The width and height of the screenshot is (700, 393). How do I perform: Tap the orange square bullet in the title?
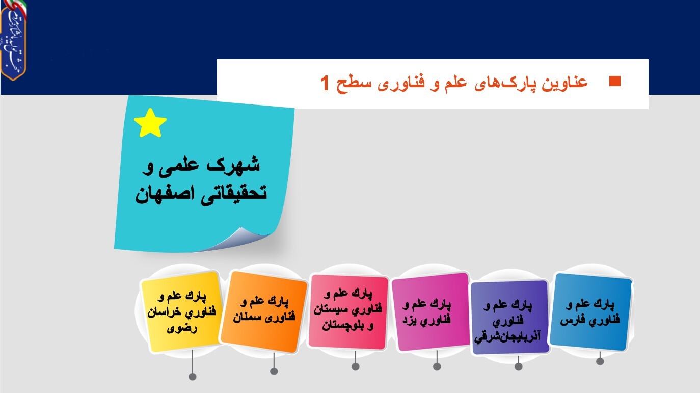click(x=615, y=81)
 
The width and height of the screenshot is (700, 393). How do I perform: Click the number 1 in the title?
click(x=325, y=82)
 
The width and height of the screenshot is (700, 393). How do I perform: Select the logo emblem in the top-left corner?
click(x=13, y=40)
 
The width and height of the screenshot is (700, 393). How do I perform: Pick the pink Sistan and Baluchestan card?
click(x=348, y=311)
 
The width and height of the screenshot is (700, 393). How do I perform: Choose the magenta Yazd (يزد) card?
click(x=431, y=311)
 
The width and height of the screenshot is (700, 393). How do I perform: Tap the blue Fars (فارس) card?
click(x=591, y=311)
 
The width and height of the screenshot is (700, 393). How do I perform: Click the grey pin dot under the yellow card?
click(x=193, y=377)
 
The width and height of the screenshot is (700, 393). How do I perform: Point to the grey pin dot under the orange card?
click(x=274, y=371)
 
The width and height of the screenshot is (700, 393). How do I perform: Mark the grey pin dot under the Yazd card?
click(x=437, y=366)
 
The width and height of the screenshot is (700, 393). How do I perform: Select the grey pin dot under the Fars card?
click(x=600, y=361)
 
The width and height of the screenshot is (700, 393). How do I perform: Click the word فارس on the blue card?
click(x=572, y=322)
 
